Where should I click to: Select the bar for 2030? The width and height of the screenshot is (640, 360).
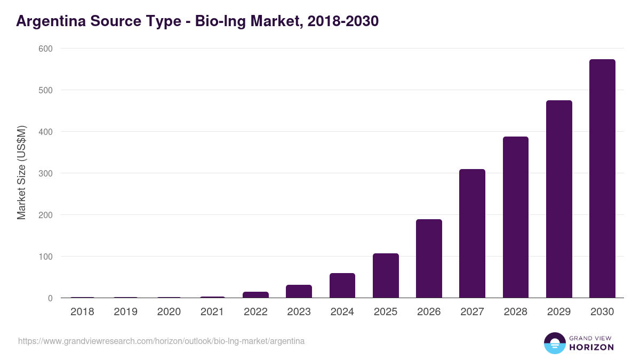[602, 179]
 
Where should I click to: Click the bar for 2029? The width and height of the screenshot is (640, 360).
[559, 199]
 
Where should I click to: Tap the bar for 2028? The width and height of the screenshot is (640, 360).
[516, 217]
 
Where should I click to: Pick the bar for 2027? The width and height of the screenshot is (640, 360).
[472, 234]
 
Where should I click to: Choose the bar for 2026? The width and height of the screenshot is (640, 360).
[429, 259]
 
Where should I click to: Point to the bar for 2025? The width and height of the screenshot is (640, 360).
[386, 276]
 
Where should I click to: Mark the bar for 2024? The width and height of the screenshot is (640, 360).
[342, 285]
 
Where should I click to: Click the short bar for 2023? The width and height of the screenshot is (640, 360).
[299, 291]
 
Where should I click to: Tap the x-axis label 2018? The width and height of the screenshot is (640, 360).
[82, 312]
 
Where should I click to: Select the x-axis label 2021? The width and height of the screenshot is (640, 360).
[212, 312]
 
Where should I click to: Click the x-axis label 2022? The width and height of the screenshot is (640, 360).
[255, 312]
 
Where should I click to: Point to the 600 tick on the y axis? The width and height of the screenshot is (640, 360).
[45, 49]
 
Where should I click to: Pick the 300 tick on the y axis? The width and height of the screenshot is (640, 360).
[45, 173]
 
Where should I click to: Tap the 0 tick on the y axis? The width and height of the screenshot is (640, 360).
[50, 298]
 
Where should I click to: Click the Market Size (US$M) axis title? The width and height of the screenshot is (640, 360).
[22, 173]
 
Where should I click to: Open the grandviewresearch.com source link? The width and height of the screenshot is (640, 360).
[161, 341]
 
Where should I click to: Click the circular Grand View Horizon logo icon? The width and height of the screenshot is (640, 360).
[555, 343]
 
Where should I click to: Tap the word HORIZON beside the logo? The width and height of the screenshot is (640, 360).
[591, 347]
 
